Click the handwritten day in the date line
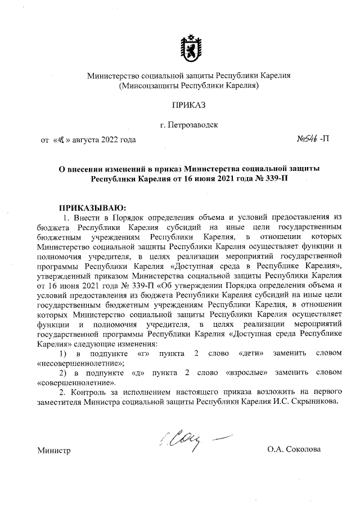(58, 139)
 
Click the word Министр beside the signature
(54, 451)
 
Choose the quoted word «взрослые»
(243, 373)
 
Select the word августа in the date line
(82, 139)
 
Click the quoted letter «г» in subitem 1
(140, 354)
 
